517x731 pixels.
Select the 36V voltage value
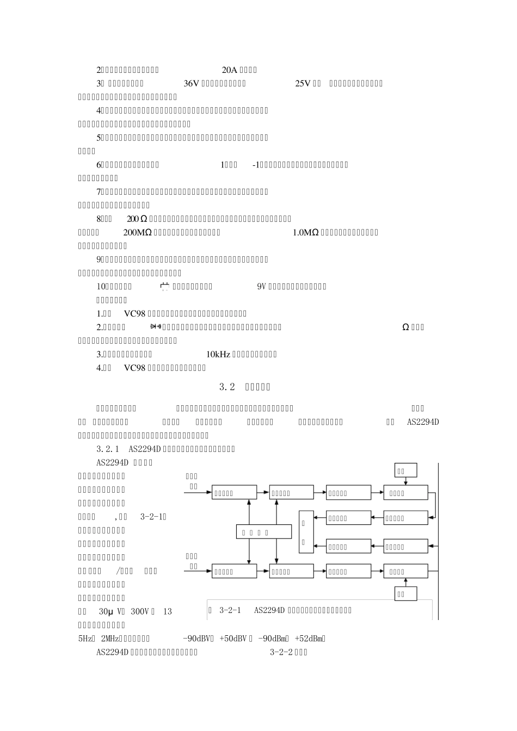192,83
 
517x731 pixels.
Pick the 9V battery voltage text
260,287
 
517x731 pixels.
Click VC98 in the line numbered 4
134,368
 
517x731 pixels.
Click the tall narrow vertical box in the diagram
306,532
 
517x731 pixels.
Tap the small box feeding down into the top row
405,470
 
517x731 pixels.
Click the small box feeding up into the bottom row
405,593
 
